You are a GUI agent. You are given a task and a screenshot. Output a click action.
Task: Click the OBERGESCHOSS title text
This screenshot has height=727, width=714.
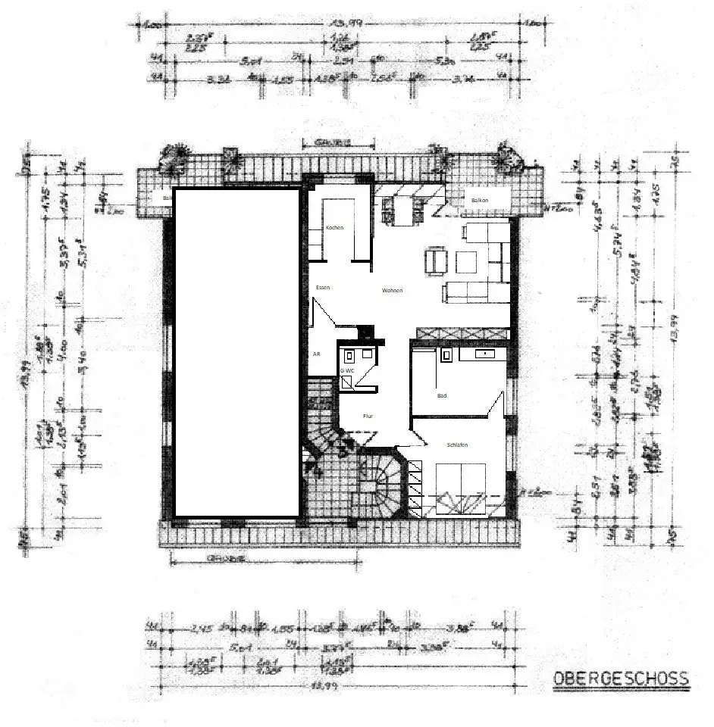coord(621,678)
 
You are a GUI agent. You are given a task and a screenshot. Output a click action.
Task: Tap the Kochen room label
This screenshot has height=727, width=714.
coord(334,228)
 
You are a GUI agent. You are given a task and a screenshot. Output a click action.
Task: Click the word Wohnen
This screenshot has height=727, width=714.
coord(392,291)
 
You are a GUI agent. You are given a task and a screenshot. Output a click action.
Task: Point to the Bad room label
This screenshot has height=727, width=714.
coord(442,395)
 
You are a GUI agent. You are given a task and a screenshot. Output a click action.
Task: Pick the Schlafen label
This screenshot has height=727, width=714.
coord(457,445)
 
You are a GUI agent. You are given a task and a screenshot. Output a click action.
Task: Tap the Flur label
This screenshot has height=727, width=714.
coord(368,417)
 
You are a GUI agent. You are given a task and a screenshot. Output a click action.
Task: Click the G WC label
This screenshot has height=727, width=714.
coord(347,370)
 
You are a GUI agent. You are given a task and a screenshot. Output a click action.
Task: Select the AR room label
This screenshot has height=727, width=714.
coord(316,354)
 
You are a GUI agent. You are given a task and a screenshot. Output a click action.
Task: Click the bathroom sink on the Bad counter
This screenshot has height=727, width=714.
coord(483,353)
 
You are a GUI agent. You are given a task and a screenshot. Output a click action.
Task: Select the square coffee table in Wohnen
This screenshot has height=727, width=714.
coord(464,262)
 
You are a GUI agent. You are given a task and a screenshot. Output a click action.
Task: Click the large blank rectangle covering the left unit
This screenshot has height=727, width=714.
coord(237,352)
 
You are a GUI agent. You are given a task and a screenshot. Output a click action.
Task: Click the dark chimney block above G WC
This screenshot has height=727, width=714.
coord(366,332)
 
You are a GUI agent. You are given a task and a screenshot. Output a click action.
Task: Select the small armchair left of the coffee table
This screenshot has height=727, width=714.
coord(434,263)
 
